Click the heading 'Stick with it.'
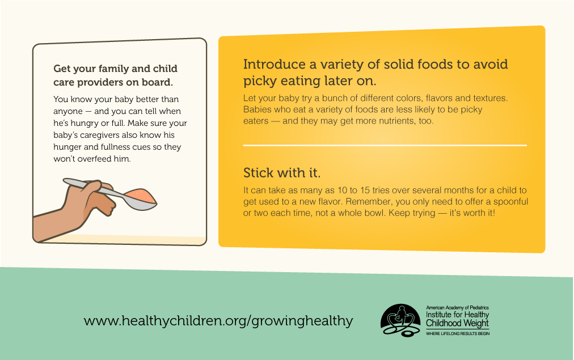(282, 173)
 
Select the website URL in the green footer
(218, 321)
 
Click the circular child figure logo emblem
(400, 320)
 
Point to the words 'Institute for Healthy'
(458, 315)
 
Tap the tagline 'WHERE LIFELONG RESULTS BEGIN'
(458, 334)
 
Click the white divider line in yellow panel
(385, 146)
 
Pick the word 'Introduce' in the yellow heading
(275, 65)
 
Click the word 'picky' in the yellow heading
(260, 81)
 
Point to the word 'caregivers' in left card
(100, 135)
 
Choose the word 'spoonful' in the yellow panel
(510, 202)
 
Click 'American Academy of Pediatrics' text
(457, 308)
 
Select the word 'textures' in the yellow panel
(490, 99)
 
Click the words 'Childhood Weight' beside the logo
(457, 323)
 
